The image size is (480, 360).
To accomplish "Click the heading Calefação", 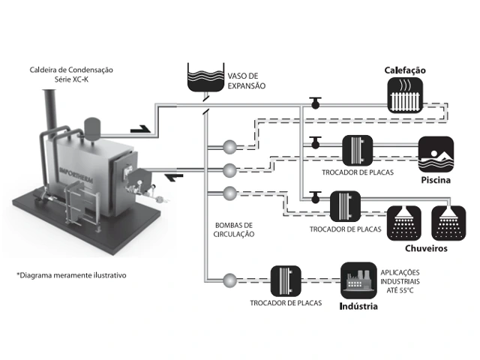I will click(x=405, y=70).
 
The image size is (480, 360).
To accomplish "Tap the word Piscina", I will click(x=436, y=181).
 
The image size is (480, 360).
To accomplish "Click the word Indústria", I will click(x=358, y=307).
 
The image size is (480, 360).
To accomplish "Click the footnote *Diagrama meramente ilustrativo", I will click(x=71, y=275).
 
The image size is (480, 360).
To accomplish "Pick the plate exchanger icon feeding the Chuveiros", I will click(x=344, y=205).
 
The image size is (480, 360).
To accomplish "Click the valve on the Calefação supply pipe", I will click(x=316, y=103).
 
